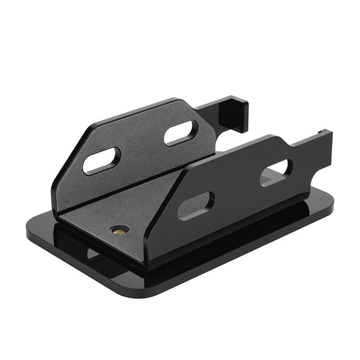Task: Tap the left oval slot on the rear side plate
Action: (102, 161)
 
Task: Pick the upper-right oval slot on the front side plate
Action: (276, 172)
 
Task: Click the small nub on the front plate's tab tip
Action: (320, 131)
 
